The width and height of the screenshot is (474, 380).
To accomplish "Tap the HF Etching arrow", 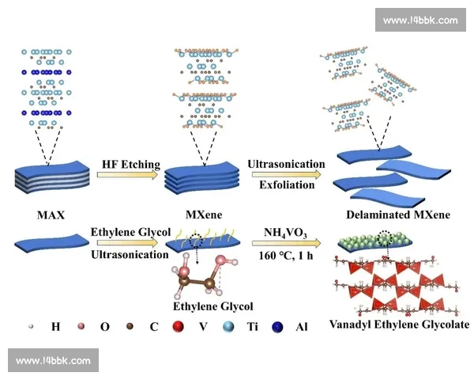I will point(131,177).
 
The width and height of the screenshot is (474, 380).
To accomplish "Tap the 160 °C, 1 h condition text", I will point(287,255).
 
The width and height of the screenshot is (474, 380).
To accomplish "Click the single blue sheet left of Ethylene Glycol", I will point(49,238).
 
